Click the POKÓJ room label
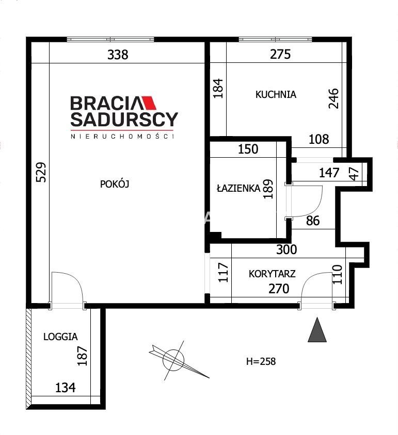tap(115, 184)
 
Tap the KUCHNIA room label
tap(276, 95)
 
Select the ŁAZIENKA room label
tap(238, 188)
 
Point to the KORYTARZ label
tap(272, 274)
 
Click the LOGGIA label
tap(60, 337)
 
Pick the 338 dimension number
tap(118, 55)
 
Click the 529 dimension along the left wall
tap(41, 172)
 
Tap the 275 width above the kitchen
tap(280, 54)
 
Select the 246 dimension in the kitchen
tap(334, 98)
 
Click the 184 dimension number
tap(218, 89)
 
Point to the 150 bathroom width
tap(248, 149)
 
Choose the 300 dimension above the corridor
tap(286, 249)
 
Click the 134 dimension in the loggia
tap(66, 388)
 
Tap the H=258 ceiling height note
tap(261, 361)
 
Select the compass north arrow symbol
tap(178, 360)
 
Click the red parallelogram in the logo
tap(149, 103)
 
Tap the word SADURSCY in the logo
tap(124, 119)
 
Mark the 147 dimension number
tap(329, 173)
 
